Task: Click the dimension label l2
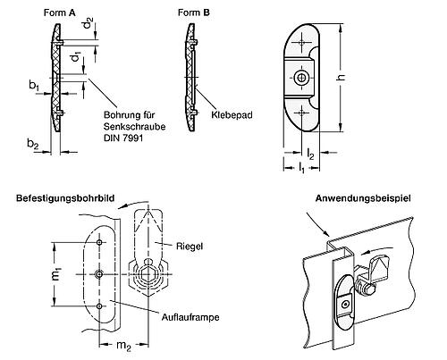(308, 153)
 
